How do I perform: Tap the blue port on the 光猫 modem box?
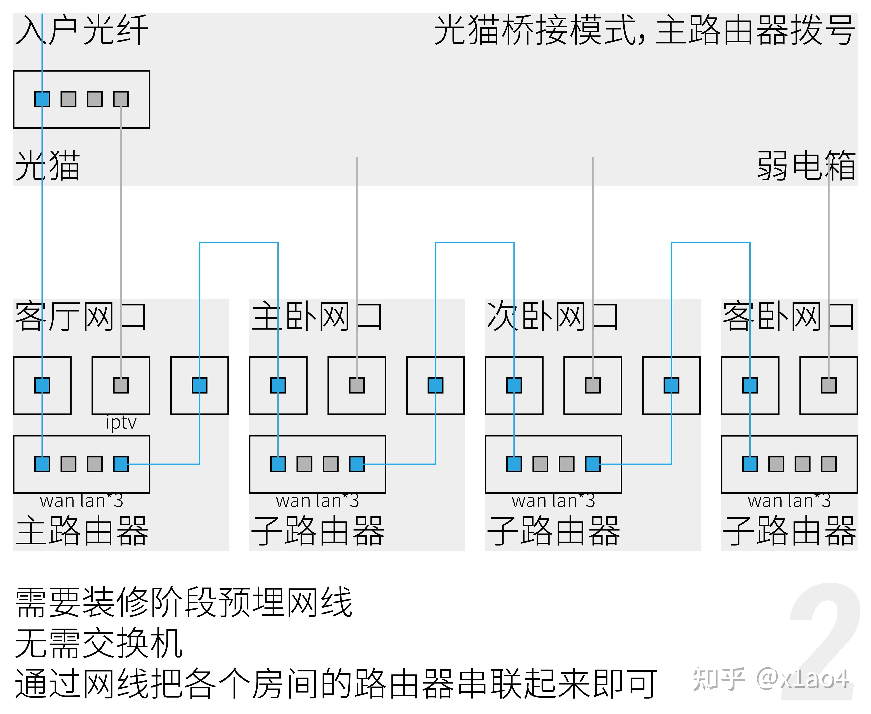[x=42, y=99]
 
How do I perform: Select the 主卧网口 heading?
[x=317, y=317]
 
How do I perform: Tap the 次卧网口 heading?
[x=553, y=317]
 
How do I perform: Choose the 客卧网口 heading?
[x=789, y=317]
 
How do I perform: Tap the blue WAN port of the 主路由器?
[x=42, y=464]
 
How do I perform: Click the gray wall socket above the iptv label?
[x=121, y=385]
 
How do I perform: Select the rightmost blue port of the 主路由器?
[x=121, y=464]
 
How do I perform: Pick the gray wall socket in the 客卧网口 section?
[x=829, y=385]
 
